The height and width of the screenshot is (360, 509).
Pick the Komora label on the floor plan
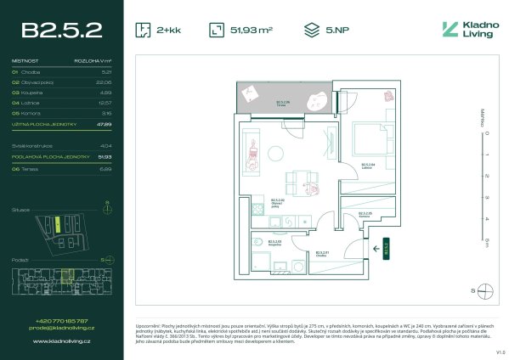(364, 215)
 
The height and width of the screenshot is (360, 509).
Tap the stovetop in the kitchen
(276, 222)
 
